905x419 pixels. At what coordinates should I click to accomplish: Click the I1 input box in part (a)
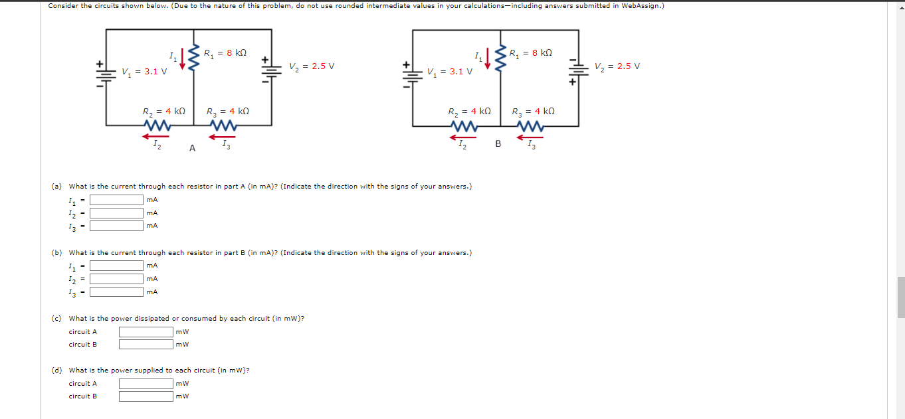point(117,200)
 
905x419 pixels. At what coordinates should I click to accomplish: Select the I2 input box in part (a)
point(117,213)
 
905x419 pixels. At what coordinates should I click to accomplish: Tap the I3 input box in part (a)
point(117,226)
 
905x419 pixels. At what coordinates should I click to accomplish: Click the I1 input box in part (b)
point(117,266)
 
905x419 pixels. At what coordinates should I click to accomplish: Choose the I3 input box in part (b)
point(117,292)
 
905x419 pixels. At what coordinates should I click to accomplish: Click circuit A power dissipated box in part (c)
point(146,331)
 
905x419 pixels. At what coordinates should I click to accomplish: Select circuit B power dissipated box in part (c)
point(146,344)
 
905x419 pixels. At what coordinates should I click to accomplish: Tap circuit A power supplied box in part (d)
point(146,383)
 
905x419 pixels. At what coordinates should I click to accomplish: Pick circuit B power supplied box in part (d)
point(146,396)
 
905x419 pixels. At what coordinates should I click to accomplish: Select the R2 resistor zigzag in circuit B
point(463,126)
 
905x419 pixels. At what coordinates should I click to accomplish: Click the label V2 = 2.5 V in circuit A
point(312,66)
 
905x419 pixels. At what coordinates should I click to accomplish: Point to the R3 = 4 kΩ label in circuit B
point(533,112)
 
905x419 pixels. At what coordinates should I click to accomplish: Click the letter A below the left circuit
point(192,149)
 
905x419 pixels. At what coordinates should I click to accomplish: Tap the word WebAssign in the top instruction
point(643,6)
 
